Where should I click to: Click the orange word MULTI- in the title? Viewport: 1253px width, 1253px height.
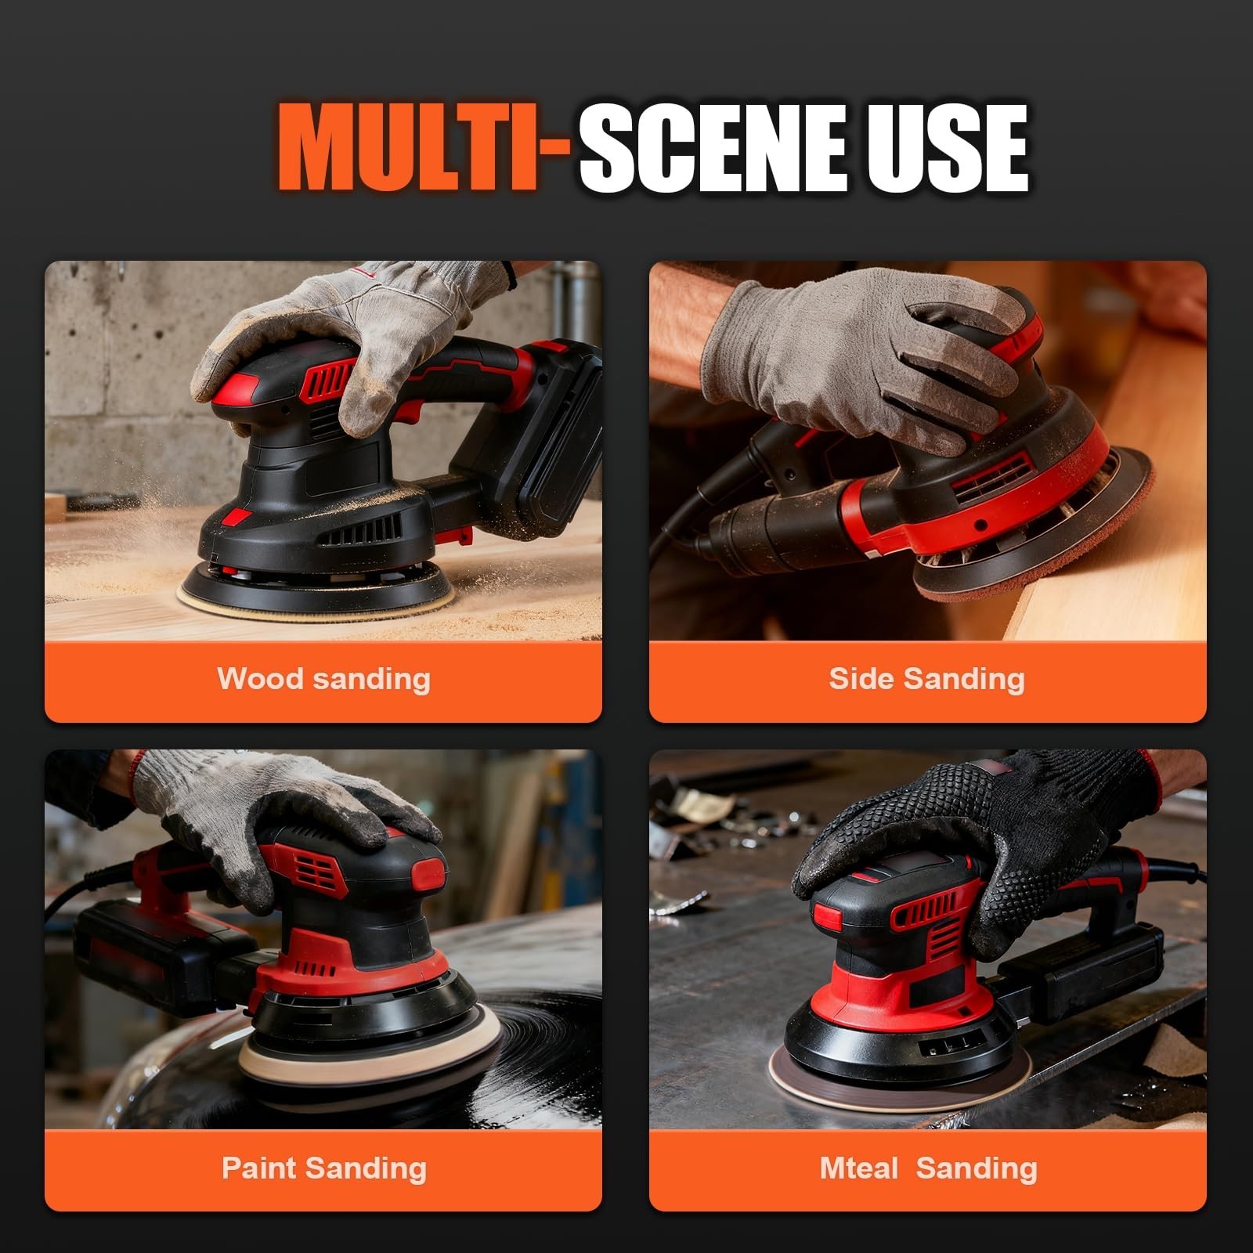[423, 149]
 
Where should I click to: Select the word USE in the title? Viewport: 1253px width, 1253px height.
[945, 149]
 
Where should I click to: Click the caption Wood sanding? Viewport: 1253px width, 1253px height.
[323, 679]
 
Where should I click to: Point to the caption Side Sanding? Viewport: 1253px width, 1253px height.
[927, 679]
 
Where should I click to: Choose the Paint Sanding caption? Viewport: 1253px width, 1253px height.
[324, 1168]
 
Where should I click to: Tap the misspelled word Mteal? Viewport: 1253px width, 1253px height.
[859, 1168]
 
